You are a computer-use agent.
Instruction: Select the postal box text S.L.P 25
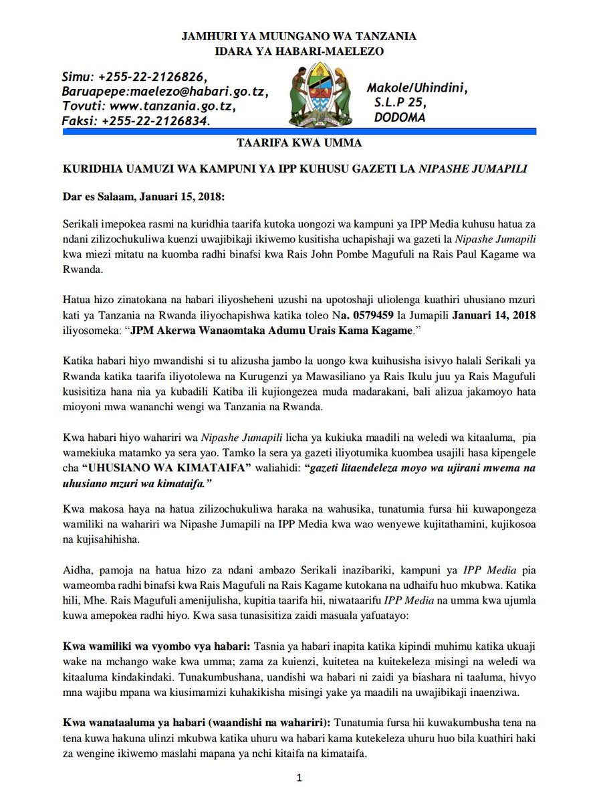400,102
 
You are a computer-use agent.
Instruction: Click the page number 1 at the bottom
300,778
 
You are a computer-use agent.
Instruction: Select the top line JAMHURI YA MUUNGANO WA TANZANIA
300,36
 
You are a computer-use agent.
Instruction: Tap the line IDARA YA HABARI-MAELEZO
300,51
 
